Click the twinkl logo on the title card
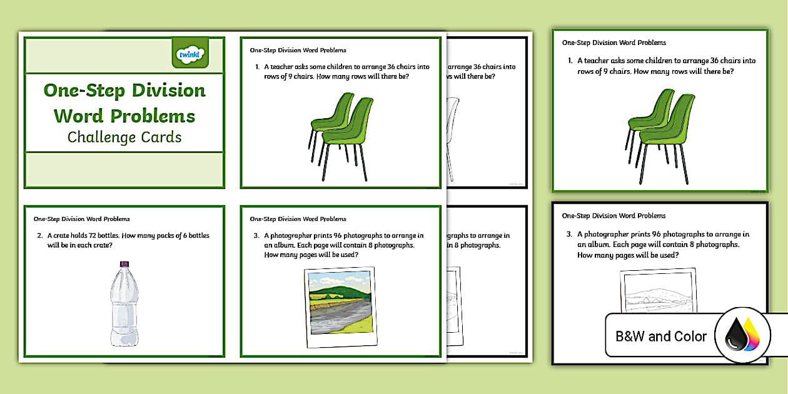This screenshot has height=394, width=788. (189, 54)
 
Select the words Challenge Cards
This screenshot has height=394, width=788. (124, 137)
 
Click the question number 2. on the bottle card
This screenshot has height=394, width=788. (39, 236)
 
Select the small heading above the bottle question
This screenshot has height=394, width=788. (81, 219)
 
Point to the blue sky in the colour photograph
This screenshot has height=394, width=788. (338, 278)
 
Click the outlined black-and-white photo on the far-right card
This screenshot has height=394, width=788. (657, 291)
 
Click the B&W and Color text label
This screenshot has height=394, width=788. (661, 336)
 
